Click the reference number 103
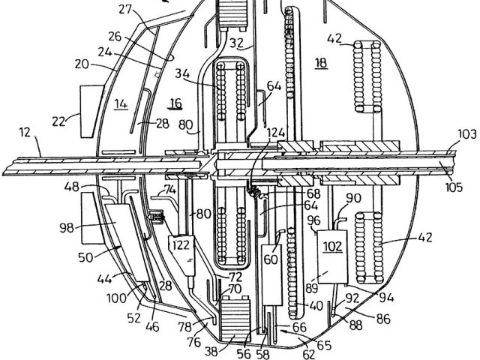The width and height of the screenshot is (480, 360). [467, 134]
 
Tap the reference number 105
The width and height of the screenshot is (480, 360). [453, 187]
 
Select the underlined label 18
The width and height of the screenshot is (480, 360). [321, 63]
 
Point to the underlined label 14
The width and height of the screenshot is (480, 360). [121, 104]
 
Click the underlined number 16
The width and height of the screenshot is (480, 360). [175, 103]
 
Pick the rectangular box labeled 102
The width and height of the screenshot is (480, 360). [332, 256]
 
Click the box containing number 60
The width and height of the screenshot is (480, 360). [271, 274]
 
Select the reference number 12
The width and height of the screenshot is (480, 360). [25, 132]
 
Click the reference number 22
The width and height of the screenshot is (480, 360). [58, 121]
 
